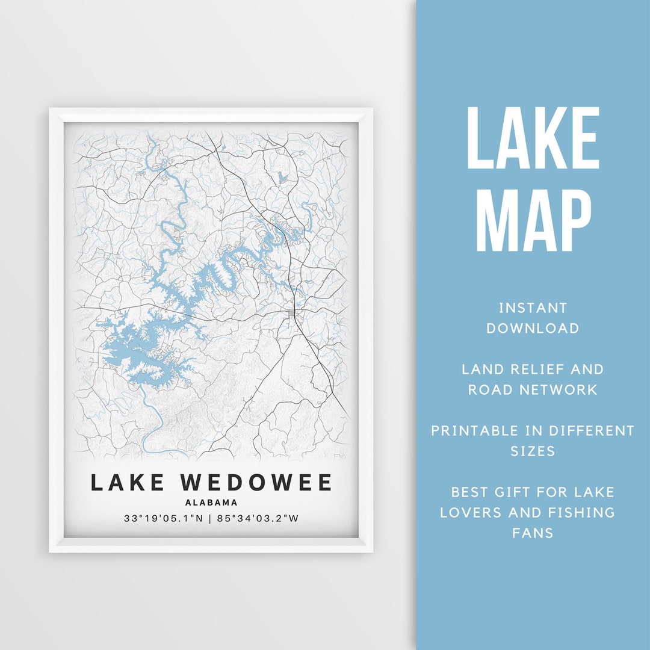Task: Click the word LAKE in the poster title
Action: [x=127, y=483]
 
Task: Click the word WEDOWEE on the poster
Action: [x=256, y=483]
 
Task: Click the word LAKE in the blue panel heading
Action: [x=533, y=138]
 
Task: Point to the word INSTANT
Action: [x=533, y=308]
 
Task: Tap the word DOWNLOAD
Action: [x=533, y=329]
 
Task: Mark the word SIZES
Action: [x=533, y=451]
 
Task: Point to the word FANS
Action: [x=533, y=533]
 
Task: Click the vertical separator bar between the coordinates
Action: [x=210, y=518]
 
